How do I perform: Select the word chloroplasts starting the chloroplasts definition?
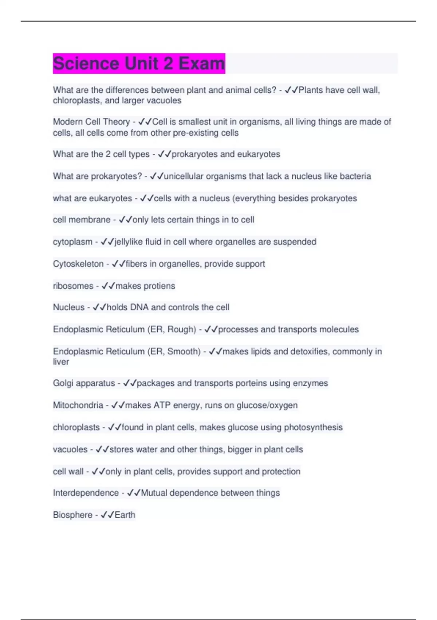[x=76, y=427]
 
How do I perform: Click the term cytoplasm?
[x=72, y=242]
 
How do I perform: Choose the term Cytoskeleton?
[x=78, y=264]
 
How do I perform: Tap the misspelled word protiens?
[x=159, y=286]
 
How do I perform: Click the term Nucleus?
[x=68, y=307]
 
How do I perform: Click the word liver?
[x=61, y=362]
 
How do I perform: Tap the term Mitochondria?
[x=78, y=405]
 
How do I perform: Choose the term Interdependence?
[x=86, y=493]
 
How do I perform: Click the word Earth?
[x=125, y=515]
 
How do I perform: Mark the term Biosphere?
[x=72, y=515]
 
